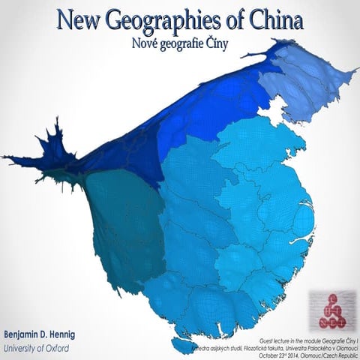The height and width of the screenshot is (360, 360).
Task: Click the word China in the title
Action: pos(268,19)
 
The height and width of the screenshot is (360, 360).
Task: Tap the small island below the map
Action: pos(182,346)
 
